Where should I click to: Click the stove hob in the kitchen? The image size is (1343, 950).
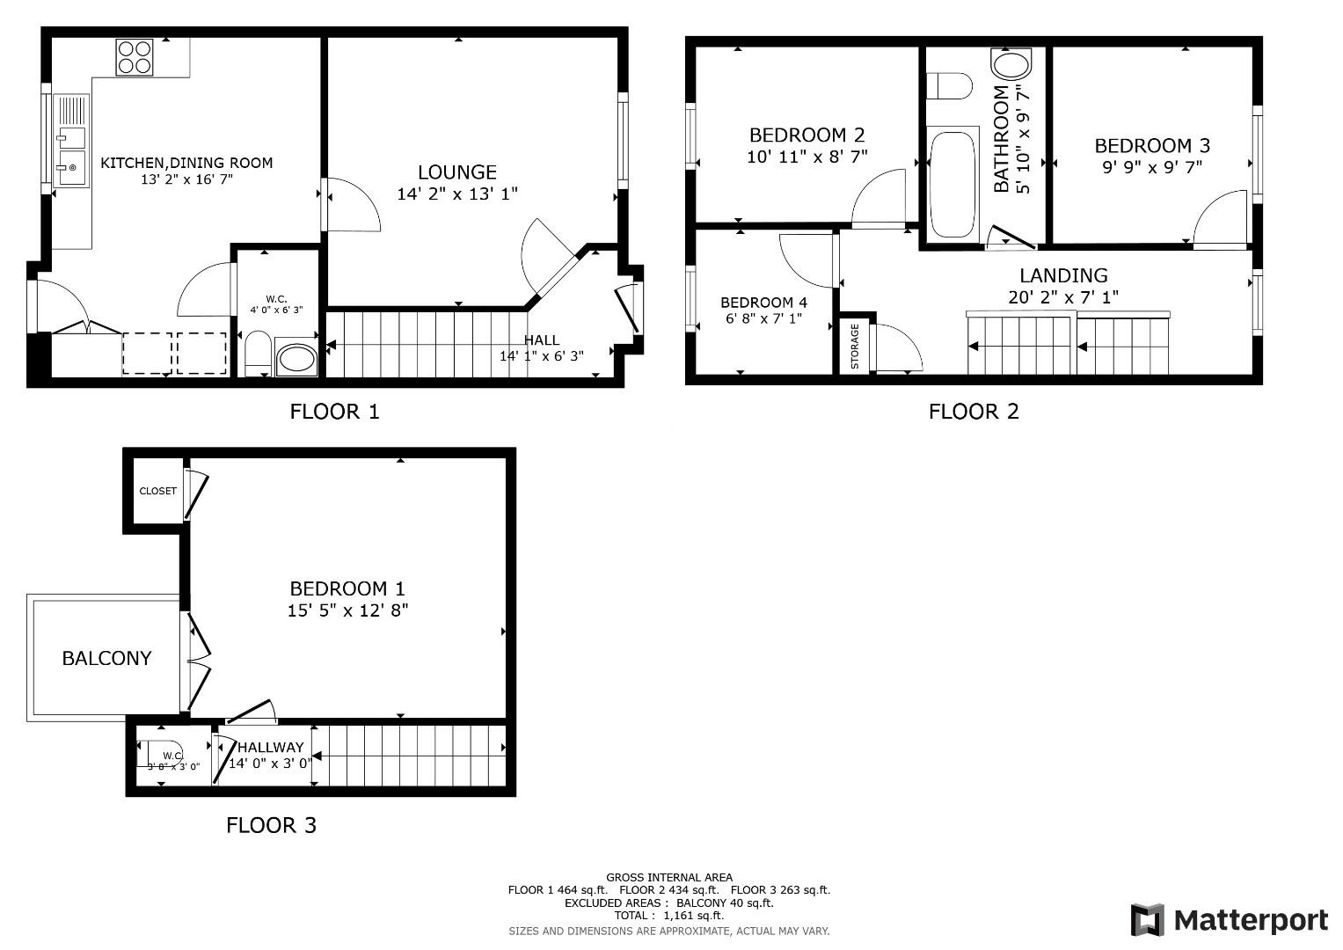pos(135,57)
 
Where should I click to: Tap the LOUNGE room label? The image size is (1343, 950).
pos(456,172)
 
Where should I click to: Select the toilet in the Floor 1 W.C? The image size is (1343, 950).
pos(257,354)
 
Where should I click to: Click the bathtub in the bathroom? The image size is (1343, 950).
pos(953,185)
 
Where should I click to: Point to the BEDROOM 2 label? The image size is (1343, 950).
pos(807,135)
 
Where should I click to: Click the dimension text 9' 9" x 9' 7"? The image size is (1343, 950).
pos(1152,167)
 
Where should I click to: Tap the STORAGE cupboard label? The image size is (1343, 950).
pos(855,345)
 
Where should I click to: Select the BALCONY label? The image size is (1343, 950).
pos(106,658)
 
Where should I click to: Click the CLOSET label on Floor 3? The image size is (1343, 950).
pos(158,491)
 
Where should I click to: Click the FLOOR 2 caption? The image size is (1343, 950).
pos(974,412)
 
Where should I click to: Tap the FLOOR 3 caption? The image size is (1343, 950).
pos(271,825)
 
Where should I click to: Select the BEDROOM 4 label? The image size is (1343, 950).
pos(763,303)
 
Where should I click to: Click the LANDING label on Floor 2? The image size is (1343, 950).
pos(1063,276)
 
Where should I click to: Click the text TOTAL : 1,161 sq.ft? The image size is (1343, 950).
pos(668,915)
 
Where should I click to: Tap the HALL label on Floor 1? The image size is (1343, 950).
pos(541,340)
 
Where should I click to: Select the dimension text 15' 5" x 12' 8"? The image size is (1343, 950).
pos(347,610)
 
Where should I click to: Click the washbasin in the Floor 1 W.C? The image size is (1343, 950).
pos(296,360)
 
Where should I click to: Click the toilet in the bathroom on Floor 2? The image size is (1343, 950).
pos(950,86)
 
